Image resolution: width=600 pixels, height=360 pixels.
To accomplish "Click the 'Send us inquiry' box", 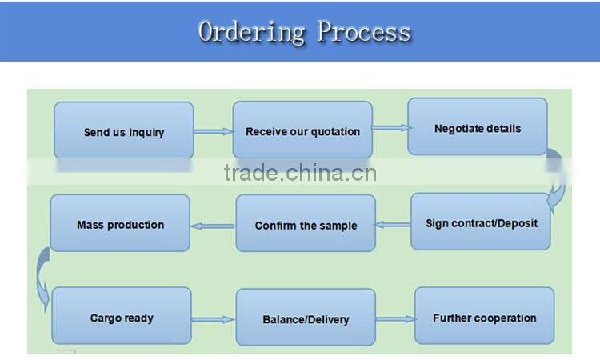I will [x=123, y=131].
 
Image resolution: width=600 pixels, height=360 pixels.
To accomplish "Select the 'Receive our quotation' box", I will [x=302, y=130].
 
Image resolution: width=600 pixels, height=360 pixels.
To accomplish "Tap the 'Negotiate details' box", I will [x=478, y=127].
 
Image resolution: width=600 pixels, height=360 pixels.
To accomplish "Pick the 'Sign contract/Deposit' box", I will [x=482, y=222].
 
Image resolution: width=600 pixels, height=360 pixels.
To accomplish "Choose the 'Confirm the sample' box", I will [x=306, y=224].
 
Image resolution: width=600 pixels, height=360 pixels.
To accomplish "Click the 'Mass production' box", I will [x=120, y=224].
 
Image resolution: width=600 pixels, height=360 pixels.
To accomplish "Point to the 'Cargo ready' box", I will [x=122, y=317].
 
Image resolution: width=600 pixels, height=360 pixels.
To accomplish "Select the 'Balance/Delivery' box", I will [x=306, y=318].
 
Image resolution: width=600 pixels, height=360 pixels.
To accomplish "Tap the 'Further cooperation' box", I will [x=484, y=317].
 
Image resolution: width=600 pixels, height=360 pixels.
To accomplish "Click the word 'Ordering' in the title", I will [x=251, y=32].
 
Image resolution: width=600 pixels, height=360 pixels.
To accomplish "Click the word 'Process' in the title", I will [x=364, y=32].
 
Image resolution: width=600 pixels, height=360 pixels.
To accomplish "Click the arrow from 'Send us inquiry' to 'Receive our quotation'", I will [x=213, y=132].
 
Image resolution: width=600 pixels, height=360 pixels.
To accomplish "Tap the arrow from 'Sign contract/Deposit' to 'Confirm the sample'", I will [x=394, y=225].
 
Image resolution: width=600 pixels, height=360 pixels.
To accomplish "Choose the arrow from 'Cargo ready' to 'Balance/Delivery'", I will [x=214, y=320].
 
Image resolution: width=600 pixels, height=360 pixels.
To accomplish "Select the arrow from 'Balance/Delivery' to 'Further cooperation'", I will [x=396, y=319].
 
